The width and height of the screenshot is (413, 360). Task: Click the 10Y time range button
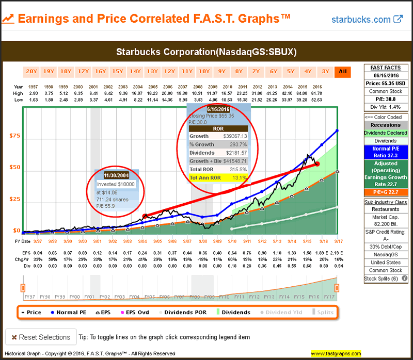(204, 72)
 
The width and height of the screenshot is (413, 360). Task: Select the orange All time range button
(342, 72)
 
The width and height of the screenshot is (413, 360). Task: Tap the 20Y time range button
(31, 72)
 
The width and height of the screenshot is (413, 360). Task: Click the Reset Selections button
(41, 337)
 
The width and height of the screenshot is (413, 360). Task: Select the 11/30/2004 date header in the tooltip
(118, 175)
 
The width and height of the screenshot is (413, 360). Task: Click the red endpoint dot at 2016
(317, 164)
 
